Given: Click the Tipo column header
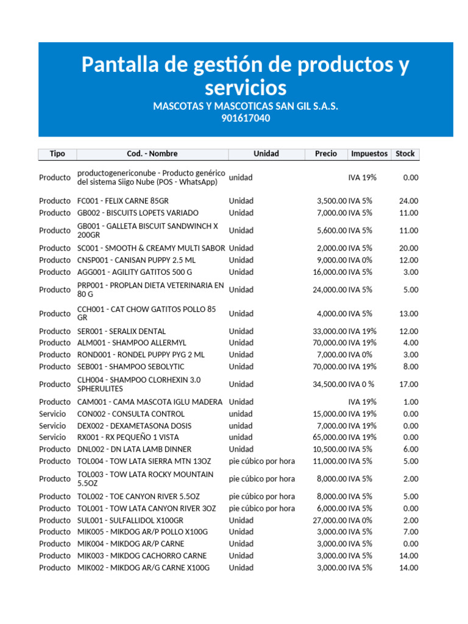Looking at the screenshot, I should pyautogui.click(x=57, y=154).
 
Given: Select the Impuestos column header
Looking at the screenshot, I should pyautogui.click(x=369, y=154).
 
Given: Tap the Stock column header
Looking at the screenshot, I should pyautogui.click(x=405, y=154).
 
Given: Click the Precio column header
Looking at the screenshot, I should pyautogui.click(x=326, y=154).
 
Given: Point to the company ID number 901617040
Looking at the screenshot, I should pyautogui.click(x=246, y=118).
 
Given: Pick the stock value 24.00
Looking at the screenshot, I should pyautogui.click(x=408, y=200).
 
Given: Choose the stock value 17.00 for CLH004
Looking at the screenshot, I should pyautogui.click(x=408, y=384).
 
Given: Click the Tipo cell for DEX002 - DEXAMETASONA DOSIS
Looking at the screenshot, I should pyautogui.click(x=52, y=425).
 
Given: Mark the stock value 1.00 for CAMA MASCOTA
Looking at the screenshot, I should pyautogui.click(x=410, y=402).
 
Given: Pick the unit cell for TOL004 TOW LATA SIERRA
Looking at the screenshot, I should pyautogui.click(x=261, y=461).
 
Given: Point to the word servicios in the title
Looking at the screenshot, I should pyautogui.click(x=246, y=87).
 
